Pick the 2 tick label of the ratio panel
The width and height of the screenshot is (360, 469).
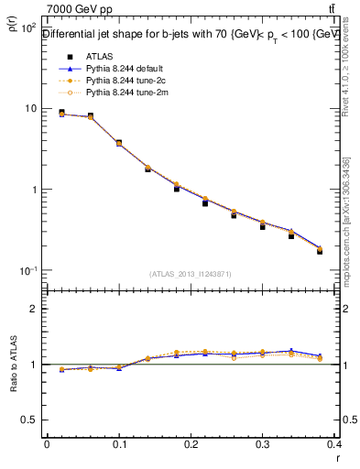click(35, 309)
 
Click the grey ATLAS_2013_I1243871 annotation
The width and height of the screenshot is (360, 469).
click(191, 274)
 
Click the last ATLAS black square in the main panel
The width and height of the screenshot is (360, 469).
click(320, 250)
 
